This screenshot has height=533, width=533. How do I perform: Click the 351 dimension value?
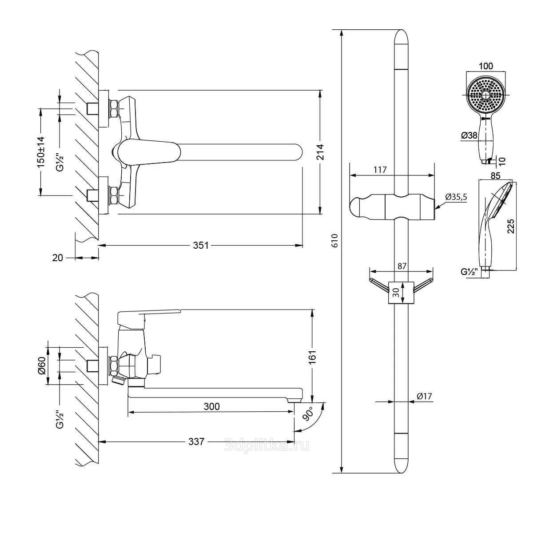(x=201, y=245)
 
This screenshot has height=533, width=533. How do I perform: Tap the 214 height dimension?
(x=321, y=152)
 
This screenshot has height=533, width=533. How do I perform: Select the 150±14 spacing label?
(x=41, y=151)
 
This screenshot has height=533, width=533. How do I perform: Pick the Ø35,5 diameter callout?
(x=456, y=197)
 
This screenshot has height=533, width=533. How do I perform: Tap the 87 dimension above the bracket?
(x=402, y=266)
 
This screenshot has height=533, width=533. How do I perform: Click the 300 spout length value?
(x=211, y=406)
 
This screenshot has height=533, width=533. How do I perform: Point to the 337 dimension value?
(x=196, y=442)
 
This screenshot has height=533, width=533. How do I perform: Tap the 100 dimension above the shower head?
(x=486, y=66)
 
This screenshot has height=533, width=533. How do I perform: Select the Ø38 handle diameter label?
(x=469, y=136)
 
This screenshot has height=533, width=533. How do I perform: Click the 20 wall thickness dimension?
(x=58, y=257)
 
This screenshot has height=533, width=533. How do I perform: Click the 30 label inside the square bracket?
(x=395, y=292)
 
